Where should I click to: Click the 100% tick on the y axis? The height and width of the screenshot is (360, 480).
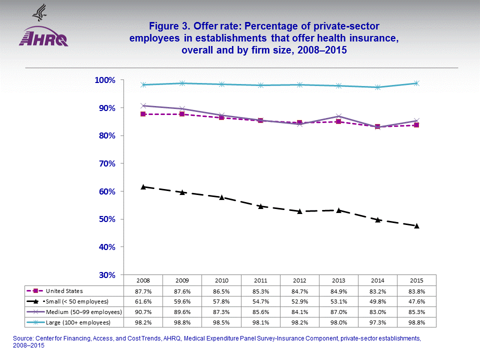[x=105, y=80]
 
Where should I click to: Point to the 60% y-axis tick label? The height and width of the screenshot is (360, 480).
[x=107, y=191]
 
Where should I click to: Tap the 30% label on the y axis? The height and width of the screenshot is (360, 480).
[x=107, y=275]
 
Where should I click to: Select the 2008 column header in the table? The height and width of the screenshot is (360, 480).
[x=143, y=280]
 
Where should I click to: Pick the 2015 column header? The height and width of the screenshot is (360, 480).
[x=416, y=280]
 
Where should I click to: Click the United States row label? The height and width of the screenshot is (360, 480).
[x=64, y=291]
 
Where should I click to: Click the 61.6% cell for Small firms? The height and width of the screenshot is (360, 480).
[x=143, y=301]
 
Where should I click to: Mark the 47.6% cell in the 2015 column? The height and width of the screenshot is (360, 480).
[x=416, y=301]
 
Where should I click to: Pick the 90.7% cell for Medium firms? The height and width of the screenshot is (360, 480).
[x=143, y=311]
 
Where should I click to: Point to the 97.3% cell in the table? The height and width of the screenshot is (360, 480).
[x=377, y=322]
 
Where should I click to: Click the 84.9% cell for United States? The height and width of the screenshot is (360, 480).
[x=338, y=291]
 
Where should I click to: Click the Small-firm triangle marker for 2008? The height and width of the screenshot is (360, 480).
[x=143, y=186]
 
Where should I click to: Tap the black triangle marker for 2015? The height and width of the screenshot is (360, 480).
[x=416, y=225]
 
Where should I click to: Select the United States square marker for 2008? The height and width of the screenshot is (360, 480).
[x=143, y=114]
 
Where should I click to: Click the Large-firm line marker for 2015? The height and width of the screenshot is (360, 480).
[x=416, y=83]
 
